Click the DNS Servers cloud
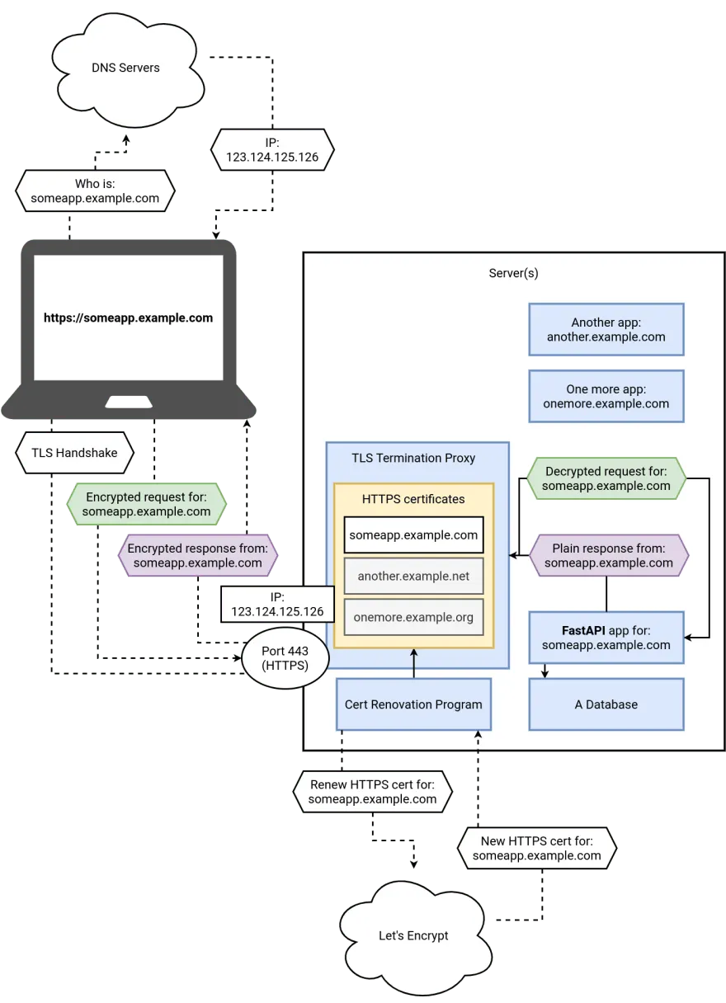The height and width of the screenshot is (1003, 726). pyautogui.click(x=126, y=68)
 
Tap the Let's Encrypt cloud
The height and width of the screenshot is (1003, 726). pyautogui.click(x=413, y=935)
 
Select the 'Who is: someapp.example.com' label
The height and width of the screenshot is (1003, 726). pyautogui.click(x=95, y=191)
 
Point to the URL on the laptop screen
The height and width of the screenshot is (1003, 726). pyautogui.click(x=128, y=318)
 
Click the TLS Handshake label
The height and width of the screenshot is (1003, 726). pyautogui.click(x=74, y=453)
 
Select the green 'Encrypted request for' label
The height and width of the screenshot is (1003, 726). pyautogui.click(x=147, y=504)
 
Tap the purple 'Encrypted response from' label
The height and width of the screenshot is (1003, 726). pyautogui.click(x=198, y=555)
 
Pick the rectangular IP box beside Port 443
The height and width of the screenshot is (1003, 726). pyautogui.click(x=277, y=604)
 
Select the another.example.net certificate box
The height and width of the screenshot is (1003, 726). pyautogui.click(x=413, y=576)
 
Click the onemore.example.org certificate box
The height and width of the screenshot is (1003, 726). pyautogui.click(x=413, y=617)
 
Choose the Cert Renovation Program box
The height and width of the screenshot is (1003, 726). pyautogui.click(x=413, y=704)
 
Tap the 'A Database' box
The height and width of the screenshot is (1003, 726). pyautogui.click(x=606, y=704)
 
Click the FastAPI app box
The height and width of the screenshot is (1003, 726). pyautogui.click(x=606, y=638)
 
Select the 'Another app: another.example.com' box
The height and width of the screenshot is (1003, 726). pyautogui.click(x=606, y=329)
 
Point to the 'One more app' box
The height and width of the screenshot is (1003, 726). pyautogui.click(x=606, y=396)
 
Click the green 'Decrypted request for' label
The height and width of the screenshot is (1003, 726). pyautogui.click(x=607, y=478)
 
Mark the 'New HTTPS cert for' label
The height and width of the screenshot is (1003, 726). pyautogui.click(x=536, y=848)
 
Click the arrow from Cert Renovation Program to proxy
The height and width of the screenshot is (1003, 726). pyautogui.click(x=413, y=663)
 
